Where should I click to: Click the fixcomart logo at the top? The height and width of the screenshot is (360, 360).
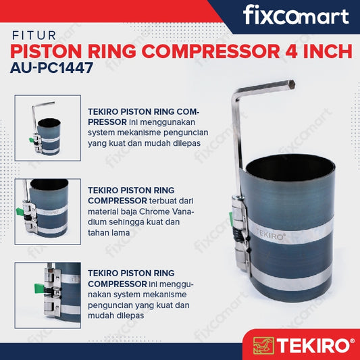(x=296, y=15)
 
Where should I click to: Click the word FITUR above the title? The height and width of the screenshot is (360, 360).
(x=34, y=36)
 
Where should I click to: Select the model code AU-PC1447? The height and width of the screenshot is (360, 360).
(x=51, y=68)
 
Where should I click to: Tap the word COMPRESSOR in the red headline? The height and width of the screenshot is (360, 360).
(x=211, y=51)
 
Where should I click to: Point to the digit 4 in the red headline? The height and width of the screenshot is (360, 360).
(x=291, y=51)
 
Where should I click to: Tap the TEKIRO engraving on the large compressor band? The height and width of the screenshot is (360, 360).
(x=270, y=236)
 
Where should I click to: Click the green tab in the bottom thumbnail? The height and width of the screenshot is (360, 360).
(x=39, y=288)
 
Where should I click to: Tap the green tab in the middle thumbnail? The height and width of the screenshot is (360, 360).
(x=20, y=211)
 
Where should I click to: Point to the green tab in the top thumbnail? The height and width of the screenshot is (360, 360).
(x=31, y=140)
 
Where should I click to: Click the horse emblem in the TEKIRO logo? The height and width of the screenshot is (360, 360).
(x=263, y=345)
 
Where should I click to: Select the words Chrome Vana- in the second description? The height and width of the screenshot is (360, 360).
(x=167, y=211)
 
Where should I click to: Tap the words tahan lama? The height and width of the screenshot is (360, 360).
(x=109, y=232)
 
